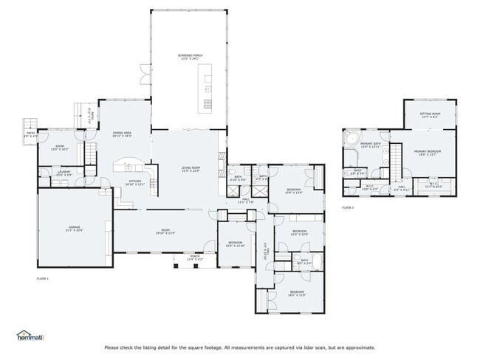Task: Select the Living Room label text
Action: pos(191,170)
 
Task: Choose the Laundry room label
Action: pos(64,173)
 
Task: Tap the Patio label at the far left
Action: pos(31,135)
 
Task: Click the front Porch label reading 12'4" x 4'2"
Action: pos(195,258)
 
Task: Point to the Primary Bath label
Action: pos(370,145)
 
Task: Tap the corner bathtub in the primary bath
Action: pos(350,138)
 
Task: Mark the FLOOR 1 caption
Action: pos(42,279)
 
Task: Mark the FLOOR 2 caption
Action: pos(347,208)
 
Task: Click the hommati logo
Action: pos(30,336)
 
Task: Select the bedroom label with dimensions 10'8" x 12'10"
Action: pos(235,243)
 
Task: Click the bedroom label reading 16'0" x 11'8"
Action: pos(297,294)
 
